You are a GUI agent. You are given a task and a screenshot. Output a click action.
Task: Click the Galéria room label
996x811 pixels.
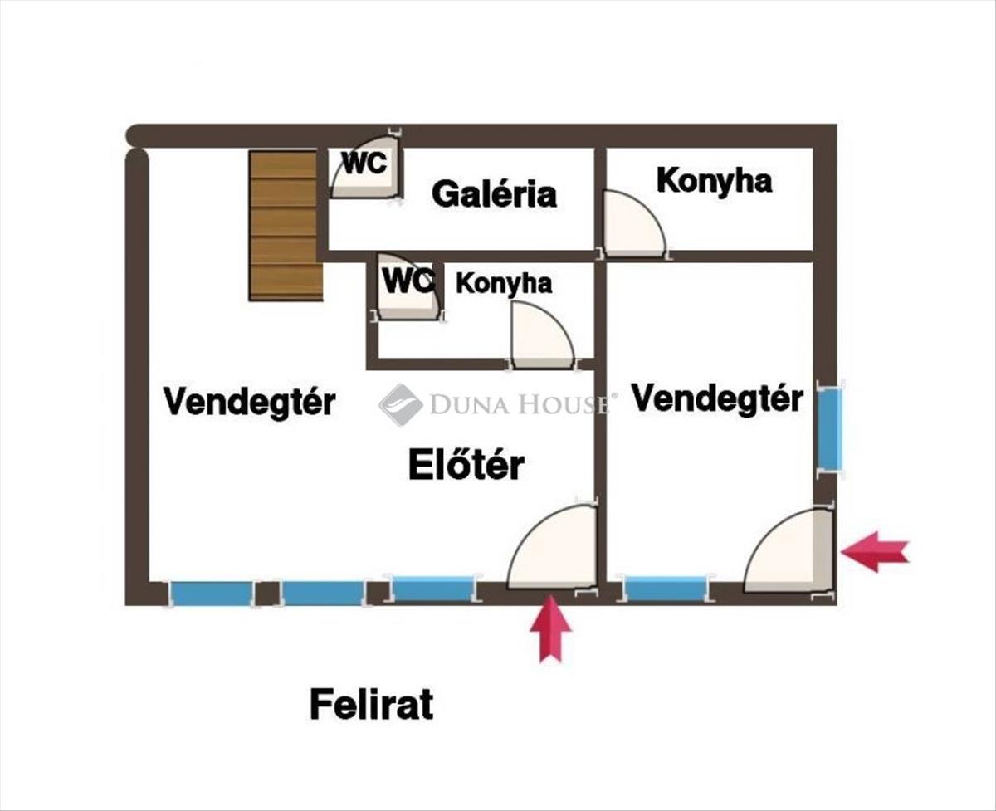(494, 194)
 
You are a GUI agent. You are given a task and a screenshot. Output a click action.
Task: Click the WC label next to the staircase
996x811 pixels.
(364, 163)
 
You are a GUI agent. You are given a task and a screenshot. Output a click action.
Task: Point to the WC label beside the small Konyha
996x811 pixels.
(408, 281)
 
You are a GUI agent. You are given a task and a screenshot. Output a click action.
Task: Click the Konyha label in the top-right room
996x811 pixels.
(714, 181)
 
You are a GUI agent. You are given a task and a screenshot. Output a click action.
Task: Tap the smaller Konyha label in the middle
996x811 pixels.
(504, 283)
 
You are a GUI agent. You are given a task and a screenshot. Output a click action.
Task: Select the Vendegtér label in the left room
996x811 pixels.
(249, 402)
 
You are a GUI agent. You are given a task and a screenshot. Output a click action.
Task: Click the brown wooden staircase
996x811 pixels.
(286, 225)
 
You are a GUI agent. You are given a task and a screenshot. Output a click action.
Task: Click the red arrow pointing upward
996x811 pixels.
(551, 628)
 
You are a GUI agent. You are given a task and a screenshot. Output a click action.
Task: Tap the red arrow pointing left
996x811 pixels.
(875, 552)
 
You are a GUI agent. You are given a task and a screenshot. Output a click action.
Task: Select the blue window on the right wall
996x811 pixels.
(831, 429)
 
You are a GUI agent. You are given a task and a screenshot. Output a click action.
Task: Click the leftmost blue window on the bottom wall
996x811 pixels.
(212, 593)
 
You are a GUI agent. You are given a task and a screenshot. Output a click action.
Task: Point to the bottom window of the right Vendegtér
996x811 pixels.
(666, 589)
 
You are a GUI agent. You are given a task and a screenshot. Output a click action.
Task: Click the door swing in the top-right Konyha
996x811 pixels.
(635, 223)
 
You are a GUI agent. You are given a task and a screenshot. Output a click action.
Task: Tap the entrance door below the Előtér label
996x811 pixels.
(552, 547)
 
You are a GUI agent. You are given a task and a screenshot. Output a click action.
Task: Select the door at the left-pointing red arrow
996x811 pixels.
(788, 550)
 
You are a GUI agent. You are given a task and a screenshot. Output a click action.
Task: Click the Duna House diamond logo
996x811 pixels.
(401, 405)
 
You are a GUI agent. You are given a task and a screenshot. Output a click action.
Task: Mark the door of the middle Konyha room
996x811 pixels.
(543, 335)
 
